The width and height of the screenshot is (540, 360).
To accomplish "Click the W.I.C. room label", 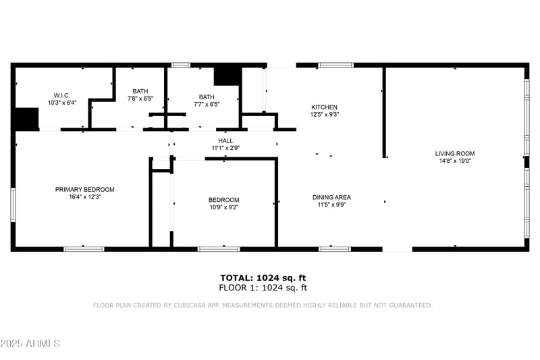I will tap(62, 95).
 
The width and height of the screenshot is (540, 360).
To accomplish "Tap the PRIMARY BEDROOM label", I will tap(84, 190).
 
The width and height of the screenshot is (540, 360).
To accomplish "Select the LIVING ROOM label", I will tap(454, 154).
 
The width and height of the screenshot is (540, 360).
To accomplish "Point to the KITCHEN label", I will tap(324, 107).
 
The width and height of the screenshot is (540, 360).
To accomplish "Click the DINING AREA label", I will tap(331, 198).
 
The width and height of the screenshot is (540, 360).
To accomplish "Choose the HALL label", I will tap(225, 140).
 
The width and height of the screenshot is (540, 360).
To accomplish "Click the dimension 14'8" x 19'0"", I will tap(454, 161).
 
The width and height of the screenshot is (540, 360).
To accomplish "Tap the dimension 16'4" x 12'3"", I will tap(84, 197).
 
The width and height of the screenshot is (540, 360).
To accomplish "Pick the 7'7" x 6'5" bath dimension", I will tap(207, 105).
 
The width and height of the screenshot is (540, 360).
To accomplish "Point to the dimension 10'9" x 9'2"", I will tap(223, 207).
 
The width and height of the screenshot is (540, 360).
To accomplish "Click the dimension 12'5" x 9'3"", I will tap(324, 115).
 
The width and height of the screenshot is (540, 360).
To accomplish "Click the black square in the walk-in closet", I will tap(27, 119).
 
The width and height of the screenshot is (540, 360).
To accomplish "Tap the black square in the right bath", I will tap(227, 76).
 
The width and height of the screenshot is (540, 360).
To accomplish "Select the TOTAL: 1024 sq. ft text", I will tap(263, 278).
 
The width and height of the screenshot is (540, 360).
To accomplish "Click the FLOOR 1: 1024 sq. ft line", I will tap(263, 288).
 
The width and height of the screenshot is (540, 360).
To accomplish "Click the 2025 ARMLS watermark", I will tap(30, 344).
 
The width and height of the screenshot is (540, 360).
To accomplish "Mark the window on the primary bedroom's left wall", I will tap(12, 205).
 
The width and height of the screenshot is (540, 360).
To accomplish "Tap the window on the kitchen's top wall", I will tap(335, 66).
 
